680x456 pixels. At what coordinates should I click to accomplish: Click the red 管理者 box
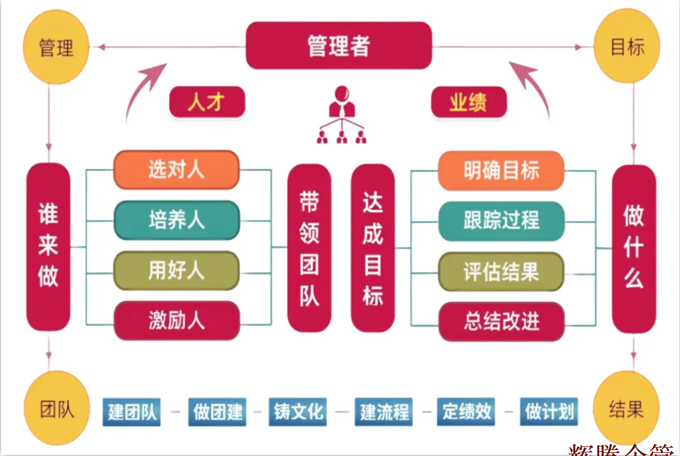(339, 46)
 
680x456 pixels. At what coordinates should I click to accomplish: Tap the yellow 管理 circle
(56, 47)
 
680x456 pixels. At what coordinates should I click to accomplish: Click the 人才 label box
(207, 102)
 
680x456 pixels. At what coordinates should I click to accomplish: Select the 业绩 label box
(469, 102)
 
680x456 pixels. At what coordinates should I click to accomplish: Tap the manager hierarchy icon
(341, 115)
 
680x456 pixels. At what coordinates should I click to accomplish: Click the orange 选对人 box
(176, 170)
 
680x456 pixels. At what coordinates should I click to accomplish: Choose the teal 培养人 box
(176, 220)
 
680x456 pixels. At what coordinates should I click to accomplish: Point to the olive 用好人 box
(176, 271)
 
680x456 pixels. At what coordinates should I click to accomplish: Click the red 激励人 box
(176, 321)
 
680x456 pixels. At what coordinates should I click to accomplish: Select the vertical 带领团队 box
(309, 248)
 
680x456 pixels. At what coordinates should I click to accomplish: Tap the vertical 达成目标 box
(373, 248)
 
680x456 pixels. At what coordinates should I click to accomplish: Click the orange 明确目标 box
(501, 171)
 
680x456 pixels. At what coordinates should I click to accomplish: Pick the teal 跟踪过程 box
(501, 221)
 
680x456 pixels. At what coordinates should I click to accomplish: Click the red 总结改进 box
(501, 322)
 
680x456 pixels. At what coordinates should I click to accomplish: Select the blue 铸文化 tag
(298, 412)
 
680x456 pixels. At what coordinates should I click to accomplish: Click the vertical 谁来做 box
(49, 247)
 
